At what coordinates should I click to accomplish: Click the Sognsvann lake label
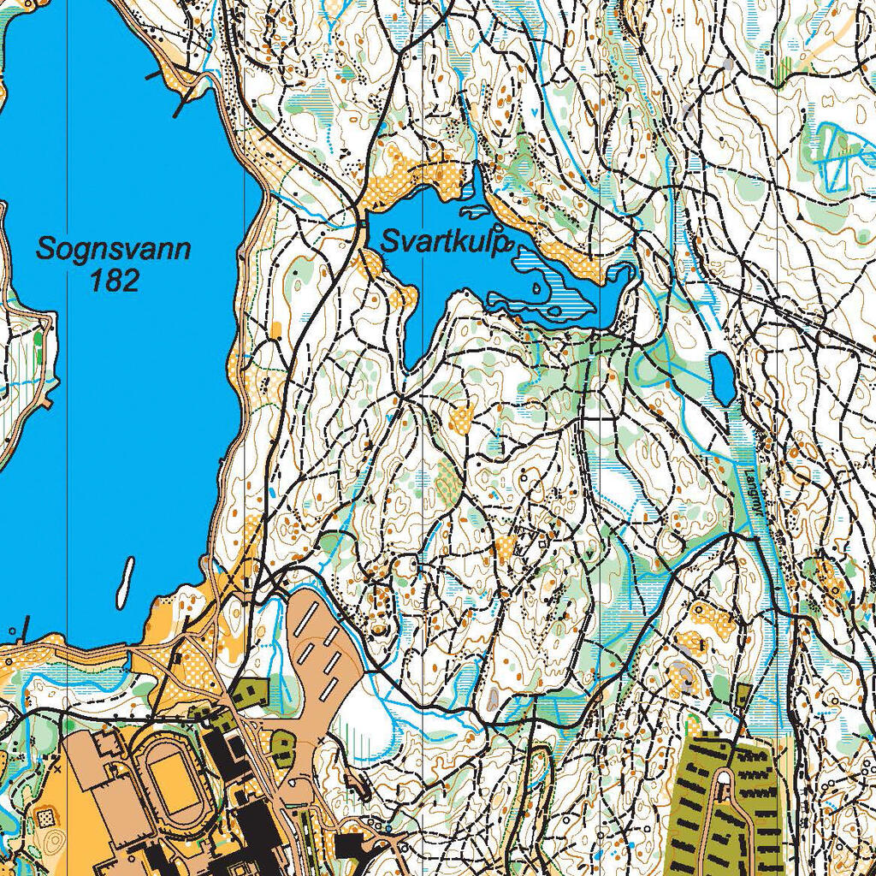(x=114, y=250)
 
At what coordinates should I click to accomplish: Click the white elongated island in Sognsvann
(x=125, y=580)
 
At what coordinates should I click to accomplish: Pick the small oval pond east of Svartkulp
(x=721, y=377)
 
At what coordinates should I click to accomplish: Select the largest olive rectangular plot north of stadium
(x=248, y=691)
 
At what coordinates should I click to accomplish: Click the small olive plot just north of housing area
(x=743, y=694)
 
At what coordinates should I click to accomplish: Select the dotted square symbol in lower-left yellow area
(x=44, y=819)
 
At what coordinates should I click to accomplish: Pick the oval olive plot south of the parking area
(x=282, y=749)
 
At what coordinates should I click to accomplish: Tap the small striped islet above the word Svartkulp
(x=475, y=212)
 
